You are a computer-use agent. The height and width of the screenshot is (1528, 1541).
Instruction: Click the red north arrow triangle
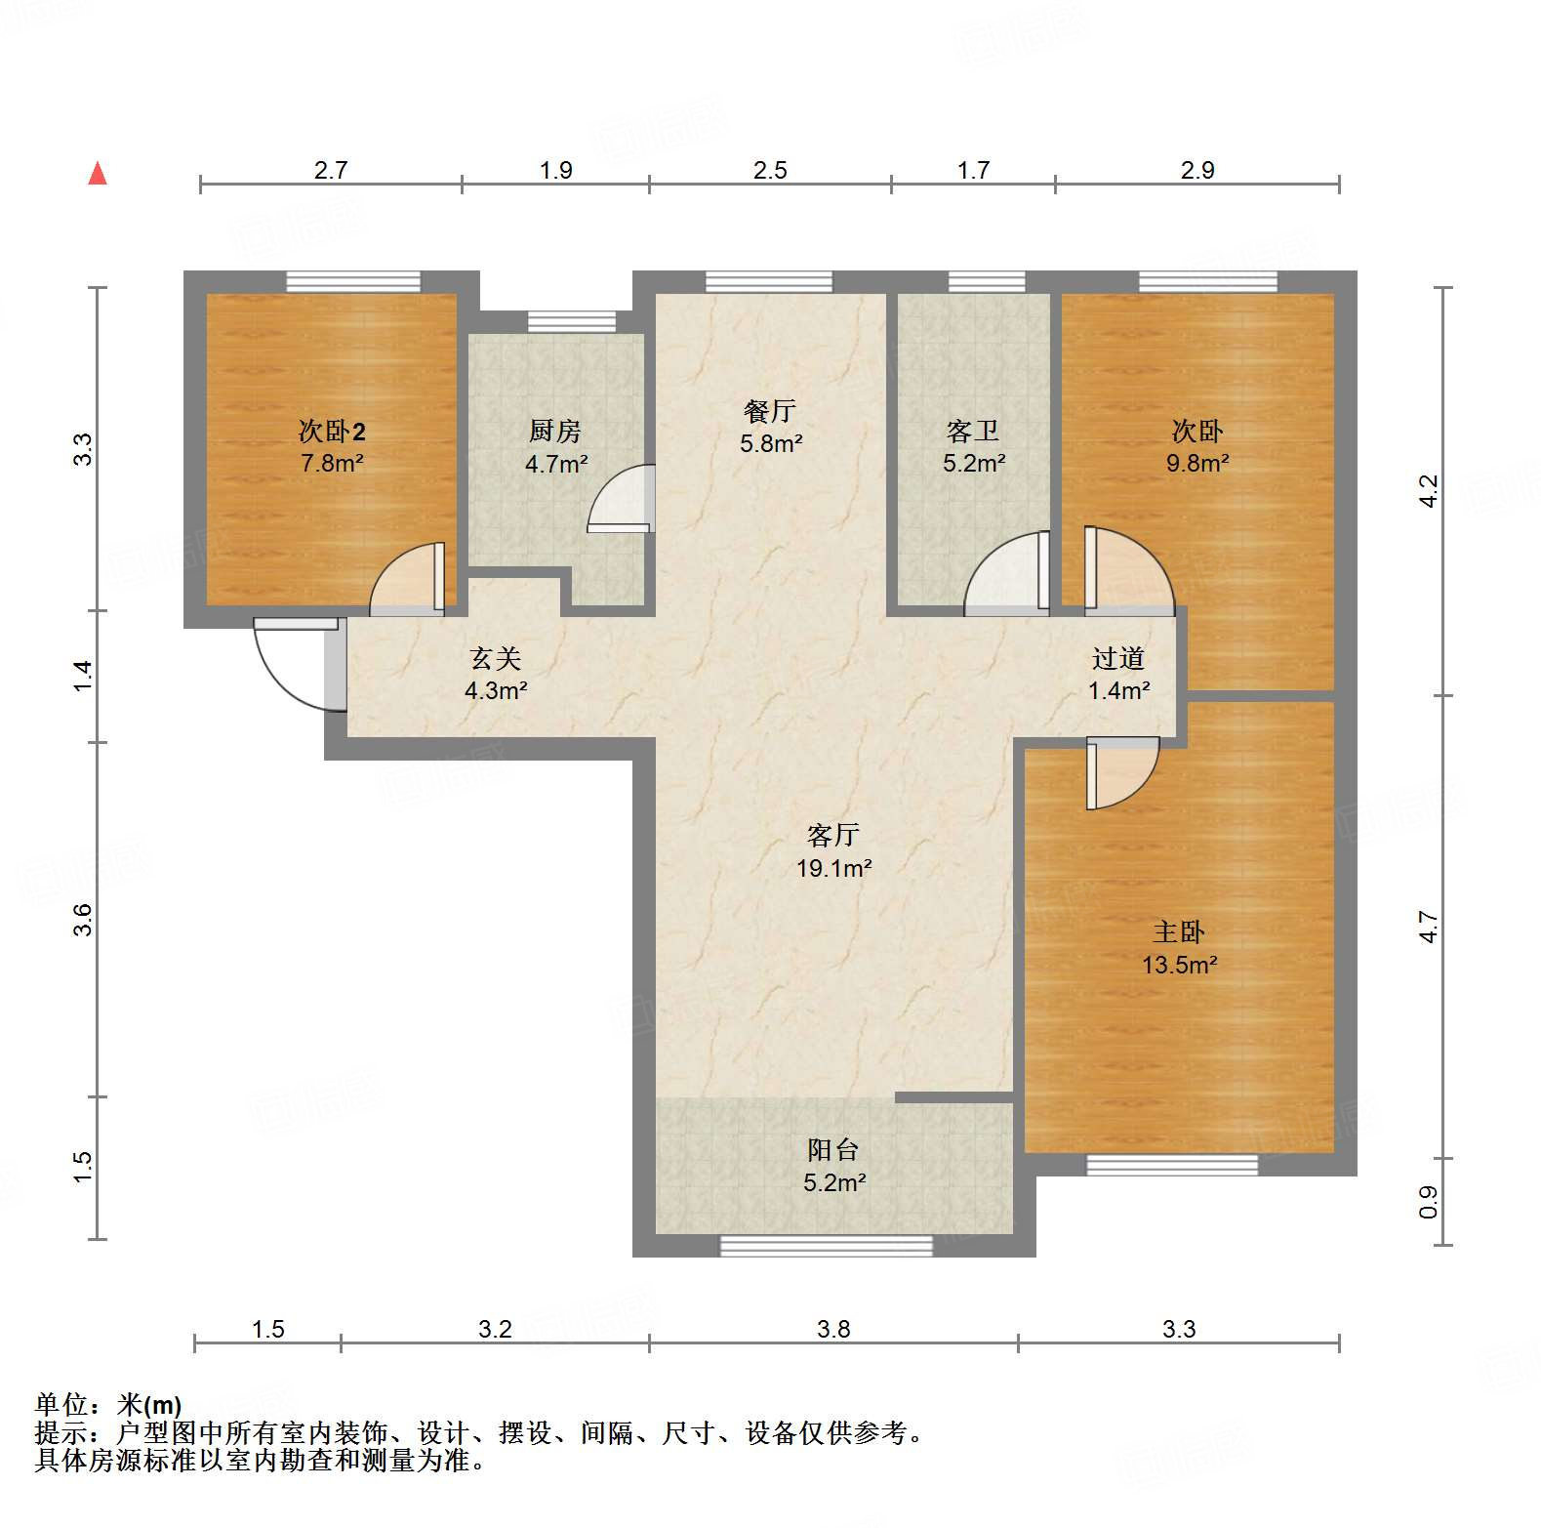98,174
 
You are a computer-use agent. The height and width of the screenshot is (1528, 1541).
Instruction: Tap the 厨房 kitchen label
554,431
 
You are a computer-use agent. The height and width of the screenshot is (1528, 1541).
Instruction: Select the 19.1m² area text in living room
833,868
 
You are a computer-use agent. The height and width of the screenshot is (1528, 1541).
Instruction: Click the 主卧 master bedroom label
1179,932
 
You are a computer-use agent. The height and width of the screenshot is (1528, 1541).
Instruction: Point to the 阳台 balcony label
832,1150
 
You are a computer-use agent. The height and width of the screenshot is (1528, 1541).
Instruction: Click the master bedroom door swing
1122,771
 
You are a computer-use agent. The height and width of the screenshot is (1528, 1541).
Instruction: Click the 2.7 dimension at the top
331,170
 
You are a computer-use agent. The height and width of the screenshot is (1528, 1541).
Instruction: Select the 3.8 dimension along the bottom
833,1329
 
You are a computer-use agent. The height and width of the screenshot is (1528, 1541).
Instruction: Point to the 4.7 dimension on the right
1428,926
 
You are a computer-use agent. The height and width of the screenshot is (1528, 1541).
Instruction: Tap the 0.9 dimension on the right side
1428,1201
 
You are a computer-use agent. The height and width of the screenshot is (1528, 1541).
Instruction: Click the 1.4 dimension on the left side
83,676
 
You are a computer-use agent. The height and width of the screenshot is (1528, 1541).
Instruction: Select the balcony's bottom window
826,1245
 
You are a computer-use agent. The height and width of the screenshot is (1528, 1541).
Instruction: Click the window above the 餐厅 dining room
769,282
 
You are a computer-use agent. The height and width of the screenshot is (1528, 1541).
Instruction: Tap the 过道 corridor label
1117,659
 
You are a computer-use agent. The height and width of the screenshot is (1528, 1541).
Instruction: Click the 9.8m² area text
1197,463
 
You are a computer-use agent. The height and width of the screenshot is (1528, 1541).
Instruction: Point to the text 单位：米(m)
108,1405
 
